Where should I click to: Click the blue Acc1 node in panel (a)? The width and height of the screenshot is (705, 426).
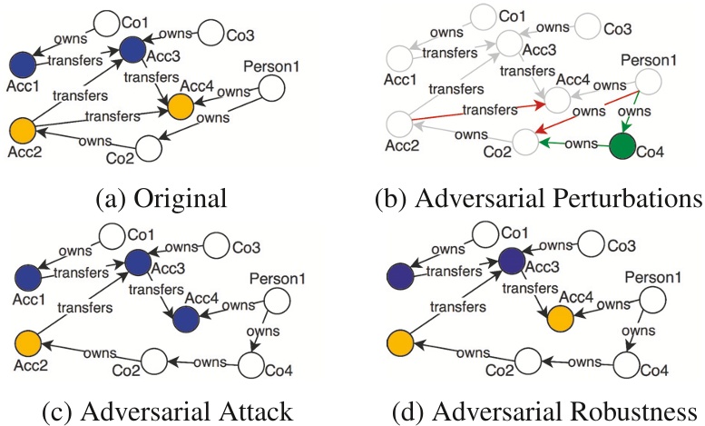click(x=22, y=64)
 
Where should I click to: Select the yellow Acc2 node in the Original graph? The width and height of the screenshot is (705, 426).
click(x=21, y=129)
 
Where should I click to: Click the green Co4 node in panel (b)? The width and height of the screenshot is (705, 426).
click(x=622, y=145)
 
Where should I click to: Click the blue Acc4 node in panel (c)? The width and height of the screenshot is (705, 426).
click(x=185, y=318)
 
